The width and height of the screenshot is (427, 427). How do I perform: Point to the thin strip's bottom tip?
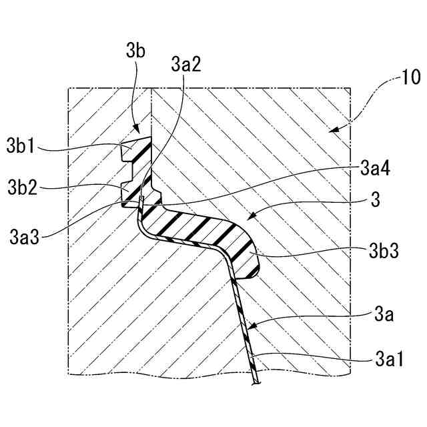click(256, 382)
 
